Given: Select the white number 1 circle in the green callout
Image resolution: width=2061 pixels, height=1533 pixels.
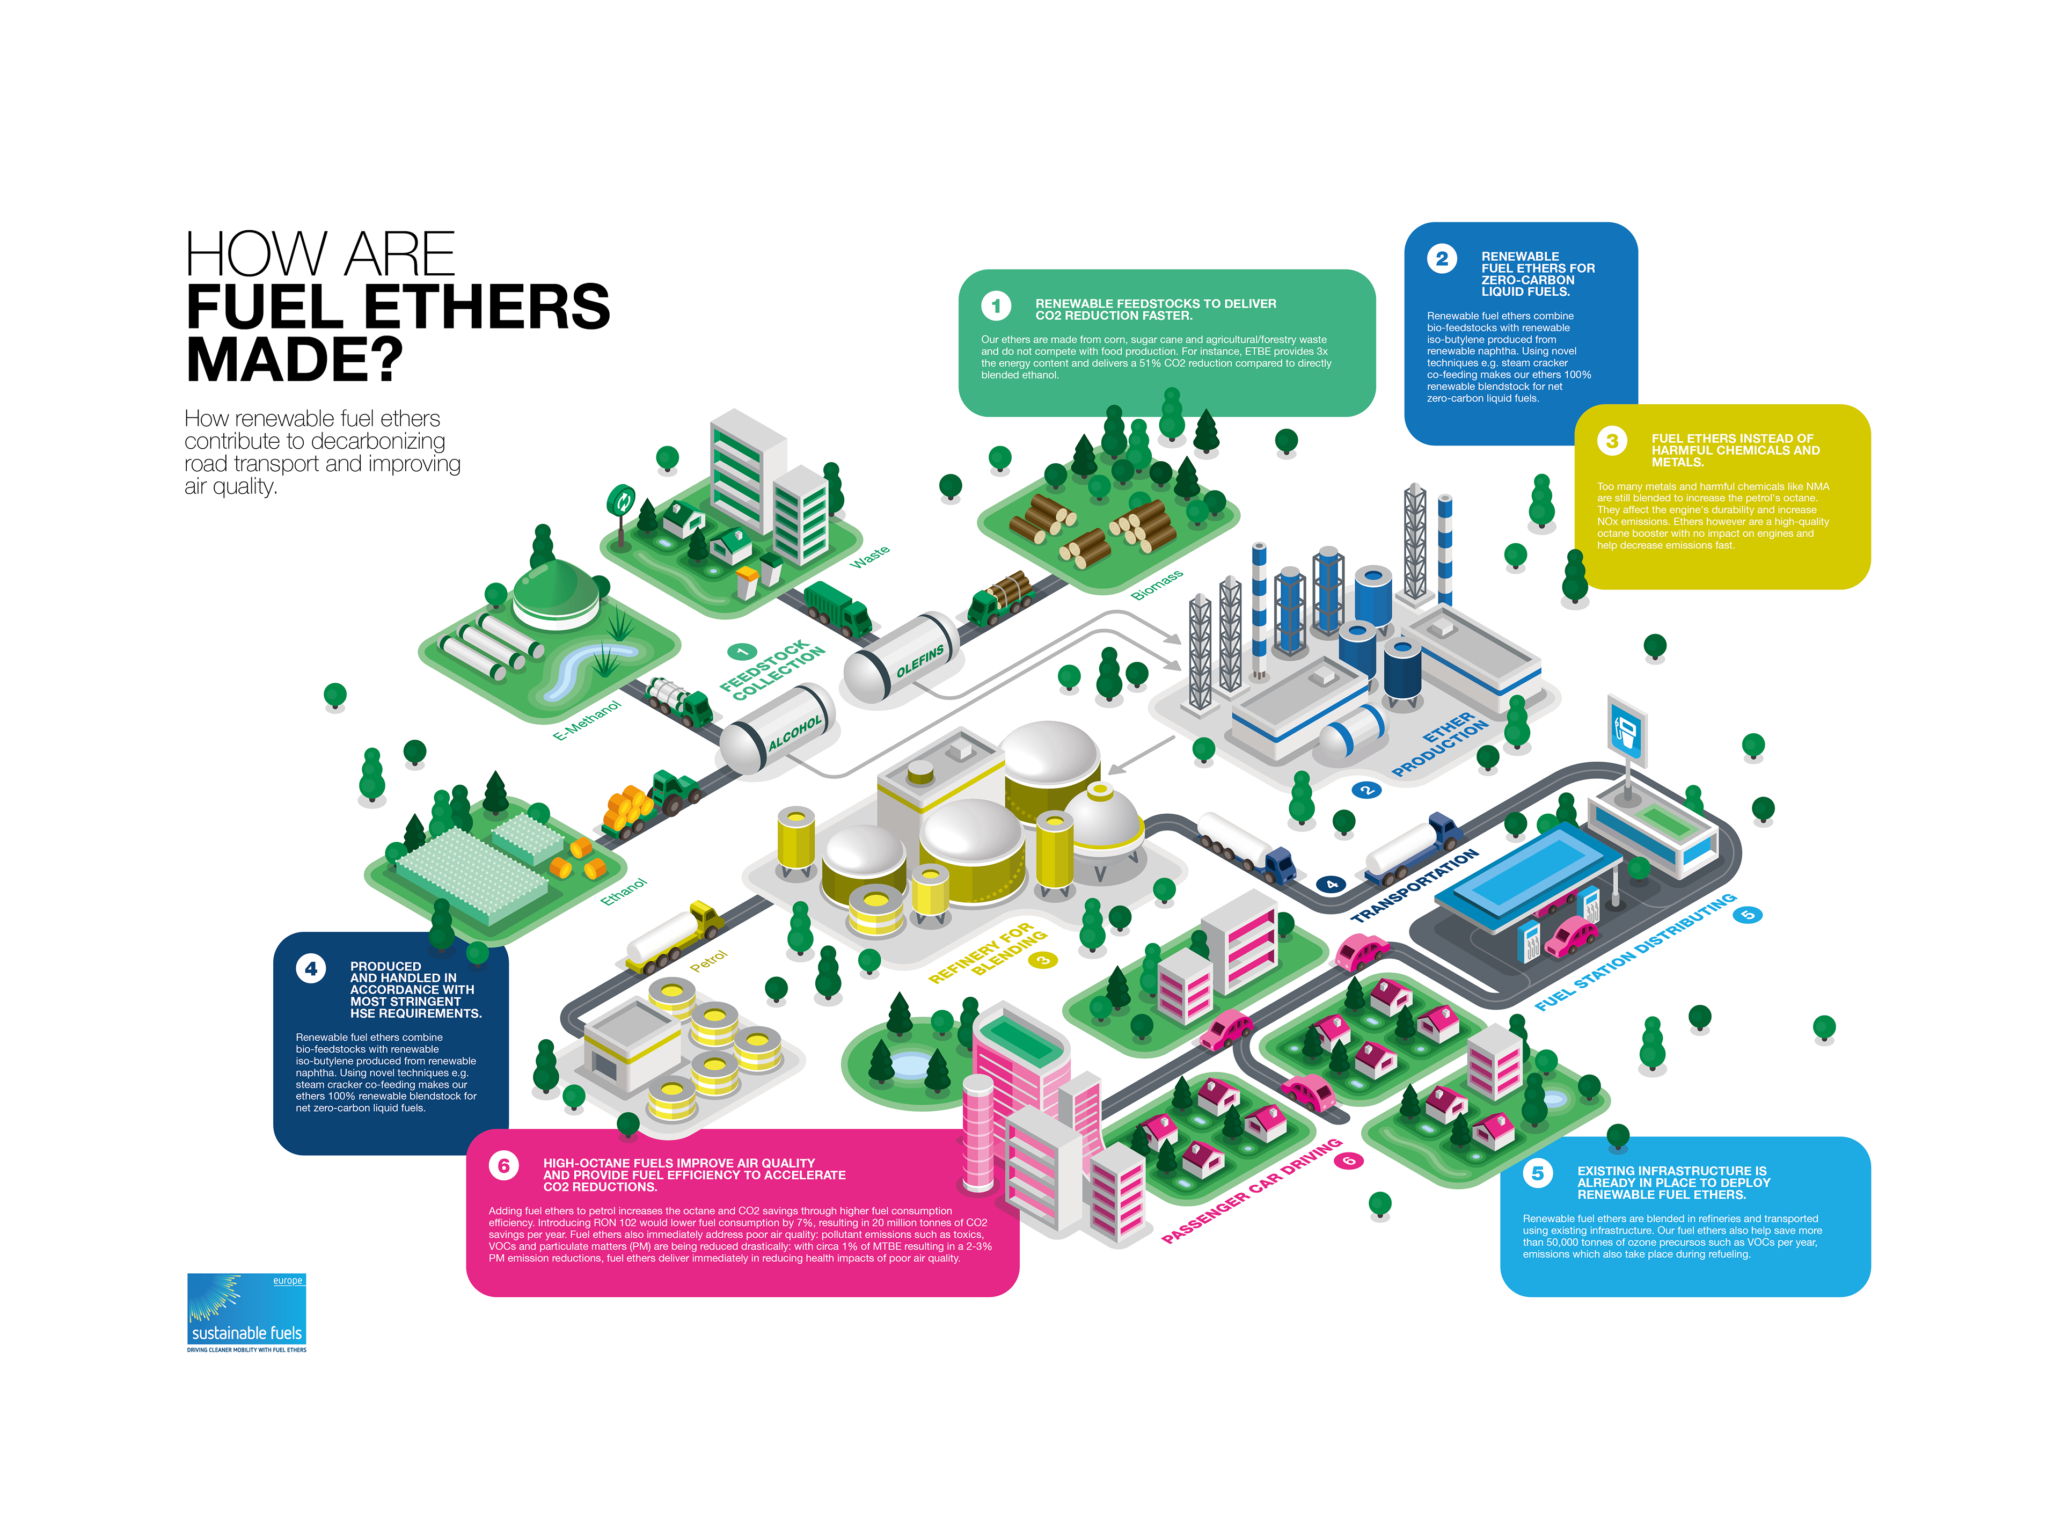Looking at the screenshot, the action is tap(996, 305).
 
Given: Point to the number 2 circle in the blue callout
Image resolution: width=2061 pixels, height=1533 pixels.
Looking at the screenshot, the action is tap(1441, 259).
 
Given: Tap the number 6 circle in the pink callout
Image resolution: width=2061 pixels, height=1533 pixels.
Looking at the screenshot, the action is tap(504, 1165).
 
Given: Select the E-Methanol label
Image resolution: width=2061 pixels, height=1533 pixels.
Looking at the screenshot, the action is tap(587, 720).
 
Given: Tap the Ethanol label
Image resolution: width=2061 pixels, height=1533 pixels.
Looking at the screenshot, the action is tap(624, 891).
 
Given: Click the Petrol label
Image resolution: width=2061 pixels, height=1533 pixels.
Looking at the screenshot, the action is tap(709, 961).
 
